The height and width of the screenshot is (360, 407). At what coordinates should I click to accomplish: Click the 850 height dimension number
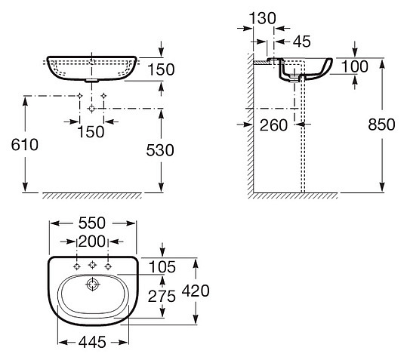(381, 125)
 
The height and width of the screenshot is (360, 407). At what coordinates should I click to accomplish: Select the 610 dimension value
(25, 144)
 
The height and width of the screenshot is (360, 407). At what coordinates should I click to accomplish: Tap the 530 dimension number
(160, 150)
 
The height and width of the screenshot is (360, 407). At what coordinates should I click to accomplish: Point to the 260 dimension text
(273, 125)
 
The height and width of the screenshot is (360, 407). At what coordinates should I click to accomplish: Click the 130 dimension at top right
(262, 18)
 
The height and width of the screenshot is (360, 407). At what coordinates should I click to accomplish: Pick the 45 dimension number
(301, 42)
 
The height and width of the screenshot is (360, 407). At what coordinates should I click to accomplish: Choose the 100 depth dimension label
(355, 66)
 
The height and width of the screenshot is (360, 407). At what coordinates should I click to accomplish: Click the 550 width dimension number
(92, 223)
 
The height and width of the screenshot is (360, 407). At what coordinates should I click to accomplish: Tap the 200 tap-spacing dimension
(92, 242)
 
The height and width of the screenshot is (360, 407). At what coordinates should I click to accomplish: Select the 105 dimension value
(162, 267)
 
